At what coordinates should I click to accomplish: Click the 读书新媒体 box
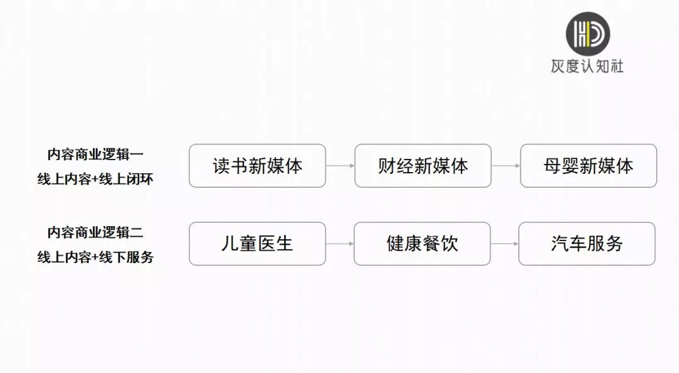pyautogui.click(x=257, y=166)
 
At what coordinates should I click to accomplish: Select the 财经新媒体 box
pyautogui.click(x=422, y=166)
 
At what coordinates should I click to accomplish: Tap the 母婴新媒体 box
pyautogui.click(x=588, y=166)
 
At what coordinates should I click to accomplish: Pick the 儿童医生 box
pyautogui.click(x=257, y=244)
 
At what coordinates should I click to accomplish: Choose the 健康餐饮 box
pyautogui.click(x=422, y=244)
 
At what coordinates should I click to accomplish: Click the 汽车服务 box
pyautogui.click(x=587, y=244)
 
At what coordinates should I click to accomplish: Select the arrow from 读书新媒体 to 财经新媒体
pyautogui.click(x=340, y=166)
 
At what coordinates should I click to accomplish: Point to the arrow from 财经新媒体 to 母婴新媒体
pyautogui.click(x=505, y=166)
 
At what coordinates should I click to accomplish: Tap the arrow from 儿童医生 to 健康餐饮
pyautogui.click(x=340, y=244)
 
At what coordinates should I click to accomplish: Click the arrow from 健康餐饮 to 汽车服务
pyautogui.click(x=504, y=244)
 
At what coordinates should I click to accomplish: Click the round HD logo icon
pyautogui.click(x=588, y=34)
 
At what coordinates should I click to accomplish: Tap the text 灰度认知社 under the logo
pyautogui.click(x=587, y=66)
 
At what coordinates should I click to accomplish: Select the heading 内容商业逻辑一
pyautogui.click(x=96, y=154)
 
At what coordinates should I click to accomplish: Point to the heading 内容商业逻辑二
pyautogui.click(x=96, y=232)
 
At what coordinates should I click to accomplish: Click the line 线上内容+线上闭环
pyautogui.click(x=96, y=179)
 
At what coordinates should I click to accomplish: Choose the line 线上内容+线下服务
pyautogui.click(x=96, y=257)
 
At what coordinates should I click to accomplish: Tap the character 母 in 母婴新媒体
pyautogui.click(x=552, y=166)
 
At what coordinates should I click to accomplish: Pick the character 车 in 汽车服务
pyautogui.click(x=578, y=244)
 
